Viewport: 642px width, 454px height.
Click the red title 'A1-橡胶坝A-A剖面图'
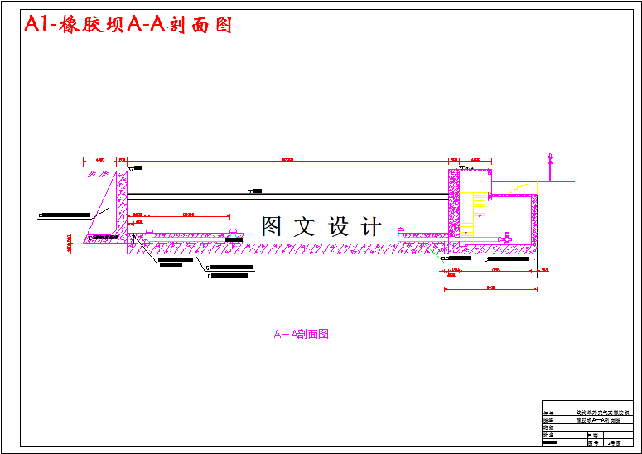[x=128, y=25]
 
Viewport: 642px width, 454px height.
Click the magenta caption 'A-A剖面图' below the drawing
[x=302, y=334]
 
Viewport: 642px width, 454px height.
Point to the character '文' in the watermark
[x=306, y=226]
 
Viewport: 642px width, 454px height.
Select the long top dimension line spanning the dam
[x=287, y=160]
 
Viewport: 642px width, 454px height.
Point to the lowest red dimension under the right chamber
[x=490, y=289]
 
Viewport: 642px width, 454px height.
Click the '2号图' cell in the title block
[x=614, y=443]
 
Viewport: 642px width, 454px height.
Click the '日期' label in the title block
[x=592, y=435]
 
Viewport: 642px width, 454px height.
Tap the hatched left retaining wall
[x=122, y=207]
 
